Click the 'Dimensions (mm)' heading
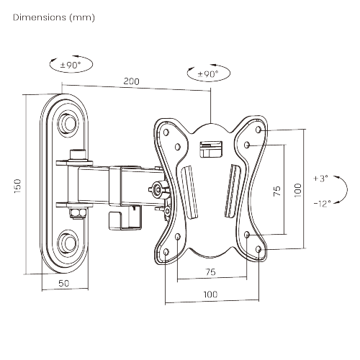tap(53, 16)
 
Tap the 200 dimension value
tap(130, 81)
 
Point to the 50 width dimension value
tap(63, 283)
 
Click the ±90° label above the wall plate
tap(71, 65)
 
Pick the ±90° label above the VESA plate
tap(207, 74)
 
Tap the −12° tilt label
tap(322, 203)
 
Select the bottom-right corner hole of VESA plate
tap(258, 250)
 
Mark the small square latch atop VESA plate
tap(210, 148)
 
